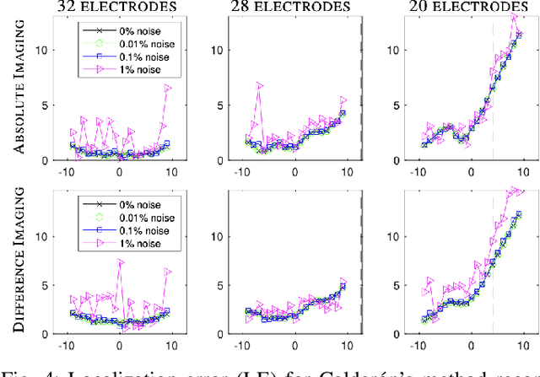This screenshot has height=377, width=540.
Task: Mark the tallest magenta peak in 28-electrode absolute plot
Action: tap(261, 85)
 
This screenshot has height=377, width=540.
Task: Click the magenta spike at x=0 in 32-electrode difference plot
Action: tap(120, 262)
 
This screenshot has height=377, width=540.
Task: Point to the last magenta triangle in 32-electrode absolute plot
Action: tap(168, 88)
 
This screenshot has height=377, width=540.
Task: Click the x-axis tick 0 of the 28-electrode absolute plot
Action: tap(295, 171)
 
